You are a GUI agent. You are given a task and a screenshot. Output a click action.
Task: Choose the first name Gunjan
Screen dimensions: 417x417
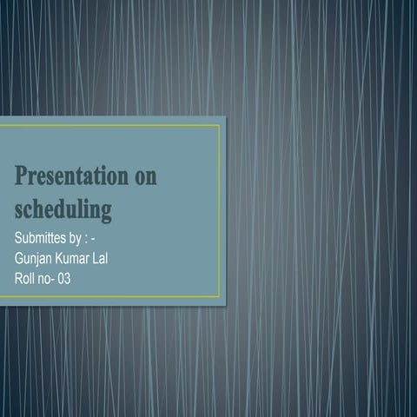(36, 258)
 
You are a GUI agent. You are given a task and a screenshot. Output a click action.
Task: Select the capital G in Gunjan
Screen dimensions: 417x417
(20, 258)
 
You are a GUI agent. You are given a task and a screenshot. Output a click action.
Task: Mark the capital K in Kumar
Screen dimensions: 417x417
(65, 258)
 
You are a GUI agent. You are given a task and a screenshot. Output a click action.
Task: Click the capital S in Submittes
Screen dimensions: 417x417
(18, 237)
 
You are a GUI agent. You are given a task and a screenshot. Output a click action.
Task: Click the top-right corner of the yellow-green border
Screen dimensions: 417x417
(220, 125)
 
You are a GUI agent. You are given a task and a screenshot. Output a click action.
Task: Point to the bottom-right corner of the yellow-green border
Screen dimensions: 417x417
(220, 298)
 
